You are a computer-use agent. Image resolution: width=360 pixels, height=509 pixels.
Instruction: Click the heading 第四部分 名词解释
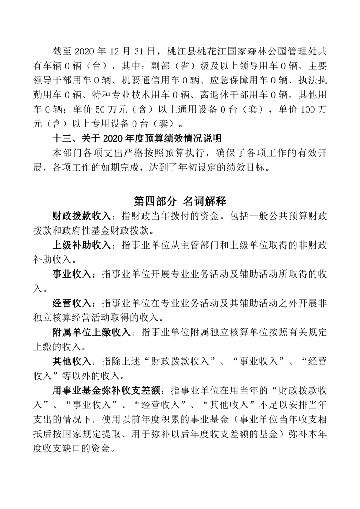180,201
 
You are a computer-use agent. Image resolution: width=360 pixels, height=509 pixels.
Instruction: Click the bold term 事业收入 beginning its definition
69,275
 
